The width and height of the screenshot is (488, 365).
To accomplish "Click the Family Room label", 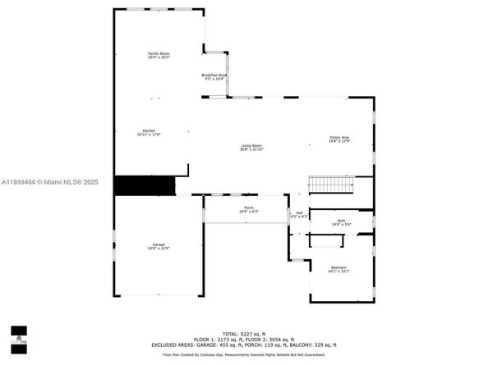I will point(158,53).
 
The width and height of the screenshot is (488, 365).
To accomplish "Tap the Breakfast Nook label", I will point(214,75).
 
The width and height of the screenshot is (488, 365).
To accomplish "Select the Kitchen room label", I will point(149,130).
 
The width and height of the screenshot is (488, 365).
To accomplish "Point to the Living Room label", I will point(251,145).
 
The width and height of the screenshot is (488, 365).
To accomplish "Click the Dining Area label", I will point(339,137).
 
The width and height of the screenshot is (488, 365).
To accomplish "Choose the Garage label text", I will point(158,244).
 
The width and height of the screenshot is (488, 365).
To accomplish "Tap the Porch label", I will point(249,208).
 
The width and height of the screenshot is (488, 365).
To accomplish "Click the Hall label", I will point(299,213).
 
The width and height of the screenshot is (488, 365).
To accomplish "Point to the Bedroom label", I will point(339,267).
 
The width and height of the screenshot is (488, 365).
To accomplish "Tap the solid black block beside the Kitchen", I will point(145,185).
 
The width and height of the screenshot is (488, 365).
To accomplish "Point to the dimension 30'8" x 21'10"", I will point(251,149).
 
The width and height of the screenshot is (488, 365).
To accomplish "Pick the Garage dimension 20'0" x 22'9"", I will point(158,249).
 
